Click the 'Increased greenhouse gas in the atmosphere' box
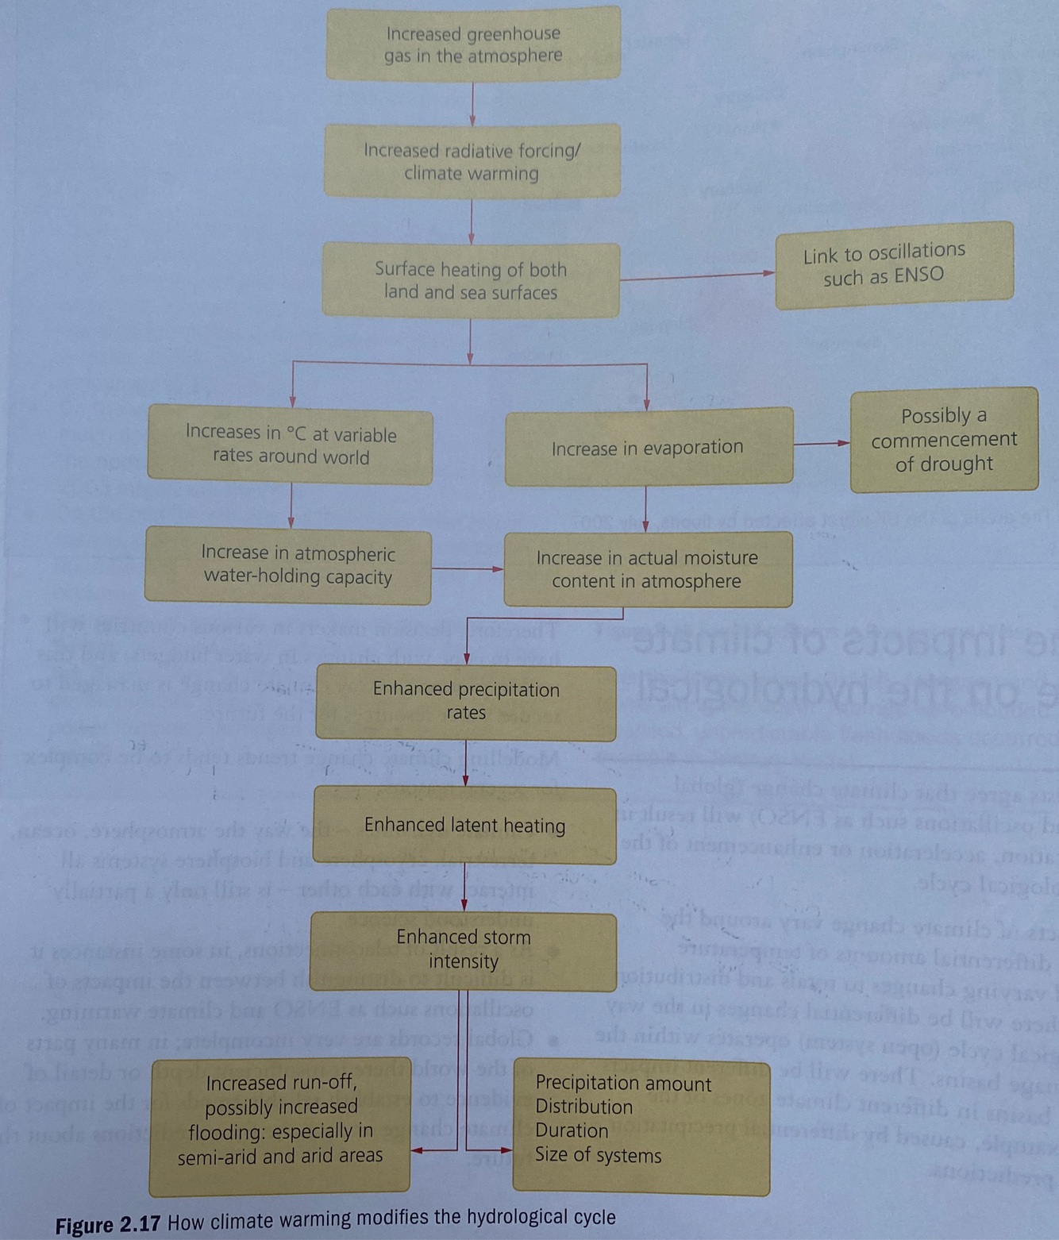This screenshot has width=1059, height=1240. pos(473,44)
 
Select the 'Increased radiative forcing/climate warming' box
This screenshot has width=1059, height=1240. pos(472,161)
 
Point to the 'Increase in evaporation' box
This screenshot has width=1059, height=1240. pos(648,447)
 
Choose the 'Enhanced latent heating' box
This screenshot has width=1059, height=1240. pos(464,825)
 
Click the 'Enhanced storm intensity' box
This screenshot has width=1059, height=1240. pos(464,949)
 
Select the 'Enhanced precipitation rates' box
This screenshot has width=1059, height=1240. pos(466,701)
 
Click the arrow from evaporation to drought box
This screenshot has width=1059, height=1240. pos(822,443)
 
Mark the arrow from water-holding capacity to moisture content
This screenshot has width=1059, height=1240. pos(468,568)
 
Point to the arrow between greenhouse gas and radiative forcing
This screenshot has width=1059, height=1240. pos(472,102)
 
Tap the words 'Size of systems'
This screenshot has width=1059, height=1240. pos(598,1155)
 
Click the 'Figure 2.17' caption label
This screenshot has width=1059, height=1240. pos(108,1224)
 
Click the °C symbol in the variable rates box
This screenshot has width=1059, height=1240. pos(296,433)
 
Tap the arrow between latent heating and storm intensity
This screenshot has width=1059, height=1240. pos(464,888)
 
